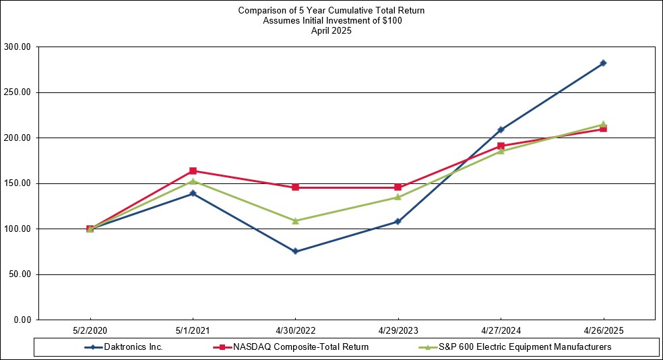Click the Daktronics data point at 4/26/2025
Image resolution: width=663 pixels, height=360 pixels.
tap(603, 63)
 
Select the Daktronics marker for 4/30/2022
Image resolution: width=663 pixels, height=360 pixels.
tap(295, 251)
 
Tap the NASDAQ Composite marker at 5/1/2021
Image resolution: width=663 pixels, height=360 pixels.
tap(193, 171)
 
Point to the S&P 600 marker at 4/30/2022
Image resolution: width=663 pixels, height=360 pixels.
tap(295, 220)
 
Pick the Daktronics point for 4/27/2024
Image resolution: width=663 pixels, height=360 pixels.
tap(501, 129)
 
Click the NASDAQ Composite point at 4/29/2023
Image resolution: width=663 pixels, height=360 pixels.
tap(398, 187)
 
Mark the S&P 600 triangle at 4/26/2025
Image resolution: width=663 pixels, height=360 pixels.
tap(603, 124)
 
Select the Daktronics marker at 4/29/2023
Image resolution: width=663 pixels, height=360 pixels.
tap(398, 221)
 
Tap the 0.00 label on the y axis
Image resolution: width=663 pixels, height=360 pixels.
tap(24, 320)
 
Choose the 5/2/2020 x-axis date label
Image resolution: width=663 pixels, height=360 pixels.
tap(90, 332)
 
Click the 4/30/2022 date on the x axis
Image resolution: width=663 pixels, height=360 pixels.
tap(295, 332)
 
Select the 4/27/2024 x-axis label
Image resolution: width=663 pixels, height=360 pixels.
tap(501, 332)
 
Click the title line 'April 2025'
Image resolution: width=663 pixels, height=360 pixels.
tap(331, 30)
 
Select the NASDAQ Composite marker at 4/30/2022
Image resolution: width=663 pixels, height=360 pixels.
tap(295, 187)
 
